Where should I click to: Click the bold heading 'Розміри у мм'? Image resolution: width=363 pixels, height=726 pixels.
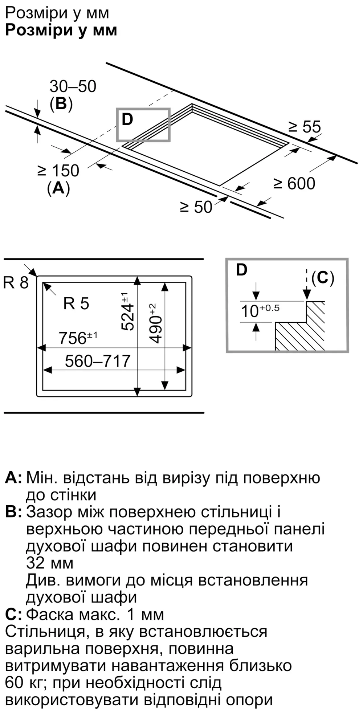tap(61, 30)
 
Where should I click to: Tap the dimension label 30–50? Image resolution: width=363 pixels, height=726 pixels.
tap(73, 86)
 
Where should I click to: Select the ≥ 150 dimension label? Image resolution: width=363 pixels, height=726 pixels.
tap(58, 171)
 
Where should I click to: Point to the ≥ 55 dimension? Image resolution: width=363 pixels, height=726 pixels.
tap(305, 127)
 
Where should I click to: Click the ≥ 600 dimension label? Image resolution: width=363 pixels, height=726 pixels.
tap(294, 183)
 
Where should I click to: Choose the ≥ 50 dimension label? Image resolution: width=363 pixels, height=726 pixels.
tap(196, 207)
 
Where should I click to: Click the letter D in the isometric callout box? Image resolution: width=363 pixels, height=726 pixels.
tap(127, 119)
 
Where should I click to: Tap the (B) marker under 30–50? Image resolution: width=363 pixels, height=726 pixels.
tap(61, 104)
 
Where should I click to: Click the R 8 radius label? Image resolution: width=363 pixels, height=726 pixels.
tap(16, 282)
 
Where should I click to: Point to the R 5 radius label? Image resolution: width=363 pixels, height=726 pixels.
tap(76, 303)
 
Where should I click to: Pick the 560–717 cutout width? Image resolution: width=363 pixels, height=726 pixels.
tap(98, 361)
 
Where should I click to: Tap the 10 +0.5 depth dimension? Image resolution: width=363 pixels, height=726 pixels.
tap(260, 311)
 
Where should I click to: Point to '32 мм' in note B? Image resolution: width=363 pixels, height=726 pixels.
tap(50, 563)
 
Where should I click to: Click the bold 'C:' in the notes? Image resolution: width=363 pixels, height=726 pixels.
tap(14, 615)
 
